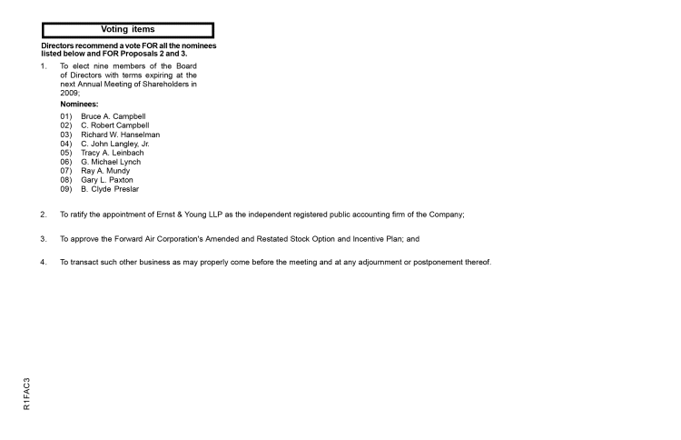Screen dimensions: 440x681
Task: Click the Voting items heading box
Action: point(127,30)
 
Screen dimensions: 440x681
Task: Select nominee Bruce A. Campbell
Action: point(113,117)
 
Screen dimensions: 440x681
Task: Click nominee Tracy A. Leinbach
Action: point(112,153)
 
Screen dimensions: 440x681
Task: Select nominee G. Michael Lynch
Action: point(111,162)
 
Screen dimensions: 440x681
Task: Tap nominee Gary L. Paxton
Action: point(106,180)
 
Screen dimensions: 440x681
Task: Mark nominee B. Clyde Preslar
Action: point(109,189)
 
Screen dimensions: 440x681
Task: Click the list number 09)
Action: point(66,189)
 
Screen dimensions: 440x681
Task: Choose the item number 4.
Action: point(43,263)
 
